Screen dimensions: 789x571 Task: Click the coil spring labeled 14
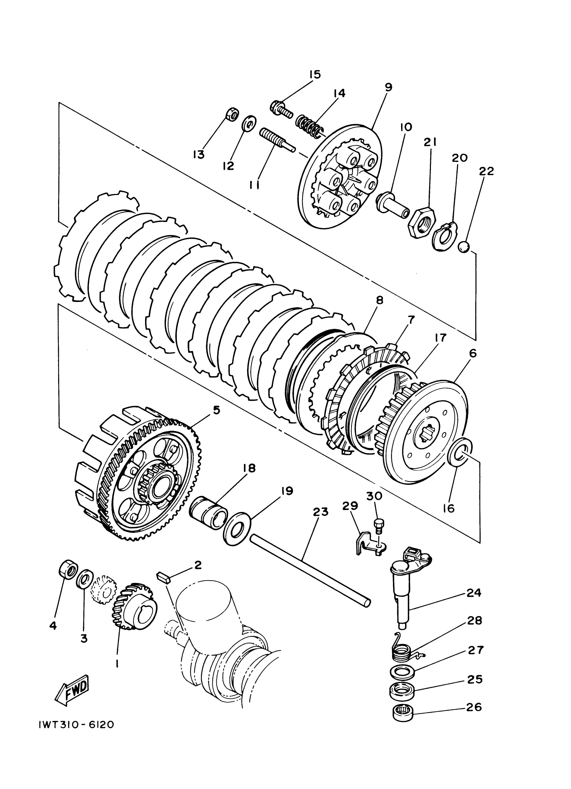[x=309, y=126]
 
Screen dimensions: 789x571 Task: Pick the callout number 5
[x=216, y=410]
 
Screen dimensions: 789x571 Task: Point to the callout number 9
[x=389, y=87]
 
